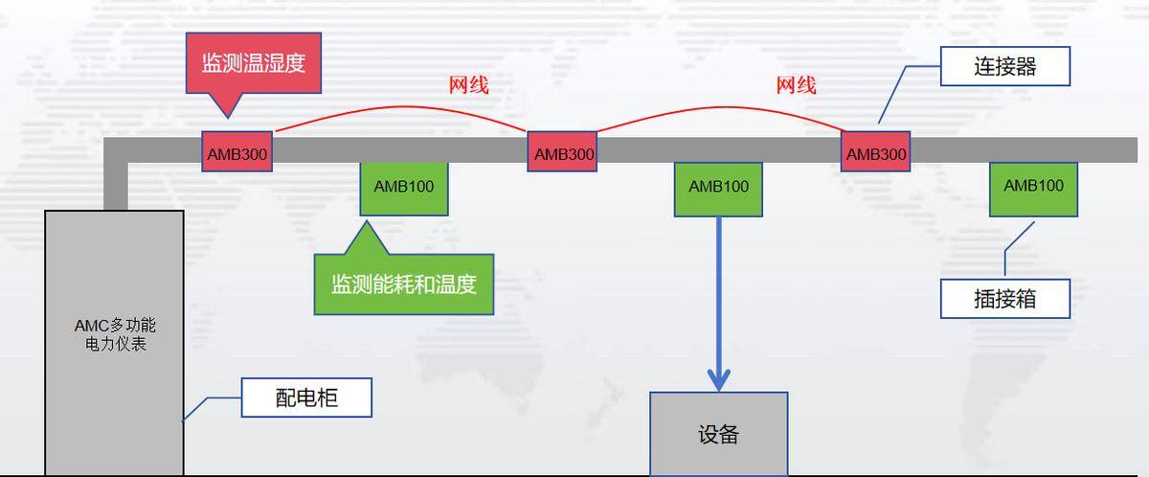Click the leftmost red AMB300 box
click(x=237, y=151)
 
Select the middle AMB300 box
click(x=562, y=151)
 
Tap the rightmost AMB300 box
click(x=875, y=151)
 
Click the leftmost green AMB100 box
click(x=404, y=189)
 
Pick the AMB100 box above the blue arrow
click(x=718, y=190)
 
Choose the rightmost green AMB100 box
click(x=1033, y=190)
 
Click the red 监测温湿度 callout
click(x=254, y=63)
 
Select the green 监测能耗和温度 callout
click(x=404, y=284)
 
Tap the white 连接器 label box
click(x=1005, y=66)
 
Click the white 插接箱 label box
click(x=1005, y=299)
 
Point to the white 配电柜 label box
click(x=306, y=397)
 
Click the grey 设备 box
click(x=719, y=434)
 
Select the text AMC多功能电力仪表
click(x=116, y=334)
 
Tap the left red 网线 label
click(x=469, y=85)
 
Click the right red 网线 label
click(x=796, y=85)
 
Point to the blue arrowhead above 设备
click(x=719, y=380)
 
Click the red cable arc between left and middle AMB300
click(x=403, y=107)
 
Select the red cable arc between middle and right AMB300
click(x=721, y=107)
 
